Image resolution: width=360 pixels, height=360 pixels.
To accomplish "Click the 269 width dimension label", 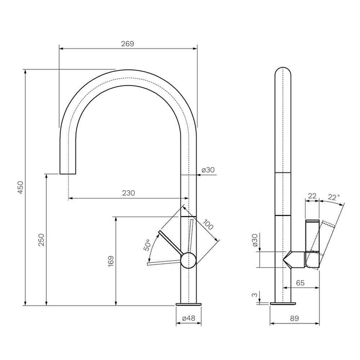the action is (x=128, y=44).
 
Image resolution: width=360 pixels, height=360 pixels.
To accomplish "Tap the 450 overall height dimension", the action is (x=21, y=187).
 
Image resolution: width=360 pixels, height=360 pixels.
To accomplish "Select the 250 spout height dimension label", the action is (x=41, y=240).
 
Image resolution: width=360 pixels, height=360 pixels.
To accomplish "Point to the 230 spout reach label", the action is (x=129, y=193).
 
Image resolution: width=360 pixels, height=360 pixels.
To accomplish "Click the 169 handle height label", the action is (x=111, y=261).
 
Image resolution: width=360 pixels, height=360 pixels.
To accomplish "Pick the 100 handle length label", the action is (x=208, y=225).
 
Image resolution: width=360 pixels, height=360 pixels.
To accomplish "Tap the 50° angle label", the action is (x=147, y=245).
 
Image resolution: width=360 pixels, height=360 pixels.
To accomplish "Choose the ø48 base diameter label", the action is (x=189, y=318).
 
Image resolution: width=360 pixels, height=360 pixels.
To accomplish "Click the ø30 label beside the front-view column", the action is (x=208, y=170).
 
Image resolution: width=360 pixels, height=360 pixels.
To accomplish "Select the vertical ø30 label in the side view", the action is (x=255, y=240).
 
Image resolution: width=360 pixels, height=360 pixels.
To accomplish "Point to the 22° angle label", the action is (x=334, y=197).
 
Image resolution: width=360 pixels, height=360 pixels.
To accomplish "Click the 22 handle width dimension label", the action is (x=312, y=196).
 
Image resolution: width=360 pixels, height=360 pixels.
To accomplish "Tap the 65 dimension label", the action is (x=300, y=283).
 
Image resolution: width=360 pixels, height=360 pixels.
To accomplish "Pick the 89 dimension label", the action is (x=295, y=318).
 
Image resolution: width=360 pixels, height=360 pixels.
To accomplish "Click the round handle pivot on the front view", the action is (x=189, y=260).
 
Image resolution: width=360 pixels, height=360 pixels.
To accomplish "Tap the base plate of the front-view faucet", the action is (x=189, y=304).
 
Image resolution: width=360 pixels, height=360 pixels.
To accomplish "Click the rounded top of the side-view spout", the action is (x=283, y=71).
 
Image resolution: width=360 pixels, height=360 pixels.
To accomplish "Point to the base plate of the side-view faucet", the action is (x=283, y=303).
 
